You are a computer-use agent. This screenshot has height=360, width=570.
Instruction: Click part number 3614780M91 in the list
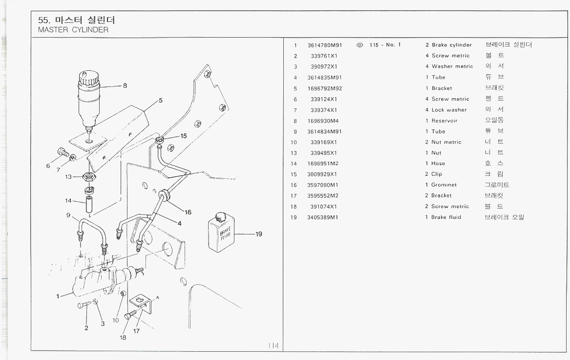pos(325,45)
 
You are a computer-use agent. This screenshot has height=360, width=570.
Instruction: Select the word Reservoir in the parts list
pos(444,121)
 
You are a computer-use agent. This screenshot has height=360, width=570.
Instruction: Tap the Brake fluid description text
pos(446,217)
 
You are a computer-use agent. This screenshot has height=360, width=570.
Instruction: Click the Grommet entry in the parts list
pos(444,185)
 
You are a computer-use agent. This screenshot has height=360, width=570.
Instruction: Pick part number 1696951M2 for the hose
pos(323,164)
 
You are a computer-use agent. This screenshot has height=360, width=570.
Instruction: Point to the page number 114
pos(273,346)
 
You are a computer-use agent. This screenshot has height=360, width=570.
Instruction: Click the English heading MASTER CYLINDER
pos(73,30)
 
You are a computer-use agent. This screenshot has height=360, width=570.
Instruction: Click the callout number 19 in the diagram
pos(259,234)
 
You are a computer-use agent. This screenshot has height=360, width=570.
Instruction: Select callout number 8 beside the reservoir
pos(125,85)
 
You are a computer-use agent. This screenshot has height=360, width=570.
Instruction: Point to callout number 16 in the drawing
pos(188,212)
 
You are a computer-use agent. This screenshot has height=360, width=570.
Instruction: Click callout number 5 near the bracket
pos(160,101)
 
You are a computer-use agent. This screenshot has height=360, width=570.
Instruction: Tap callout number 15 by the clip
pos(183,136)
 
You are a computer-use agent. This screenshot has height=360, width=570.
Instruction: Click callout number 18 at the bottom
pos(123,337)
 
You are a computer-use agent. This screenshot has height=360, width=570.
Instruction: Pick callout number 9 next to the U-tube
pos(68,215)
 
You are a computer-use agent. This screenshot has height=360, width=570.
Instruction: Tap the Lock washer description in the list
pos(449,110)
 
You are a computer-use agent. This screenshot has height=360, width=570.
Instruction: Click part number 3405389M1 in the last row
pos(323,217)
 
